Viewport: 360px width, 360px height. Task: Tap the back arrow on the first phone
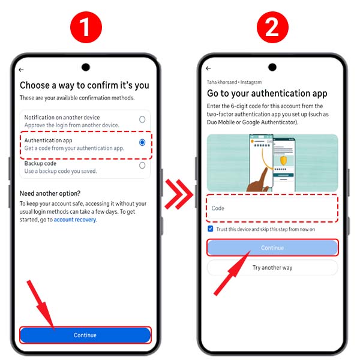click(22, 70)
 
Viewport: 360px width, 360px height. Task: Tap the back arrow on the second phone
click(209, 69)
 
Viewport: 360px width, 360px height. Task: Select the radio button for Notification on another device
click(142, 119)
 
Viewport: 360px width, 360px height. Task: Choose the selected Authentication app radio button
click(142, 143)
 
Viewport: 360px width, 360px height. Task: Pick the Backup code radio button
click(142, 165)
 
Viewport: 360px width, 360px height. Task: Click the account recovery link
click(76, 220)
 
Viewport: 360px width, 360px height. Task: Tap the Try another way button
click(272, 267)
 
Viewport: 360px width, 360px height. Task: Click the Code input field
click(272, 208)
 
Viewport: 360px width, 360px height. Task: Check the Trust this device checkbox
click(210, 229)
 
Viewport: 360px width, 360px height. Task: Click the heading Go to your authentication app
click(267, 93)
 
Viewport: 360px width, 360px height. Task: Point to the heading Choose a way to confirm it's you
click(85, 85)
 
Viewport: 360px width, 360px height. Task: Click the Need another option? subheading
click(51, 193)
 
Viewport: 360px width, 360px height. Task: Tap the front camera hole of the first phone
click(85, 67)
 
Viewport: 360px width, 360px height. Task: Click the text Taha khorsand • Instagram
click(234, 82)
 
